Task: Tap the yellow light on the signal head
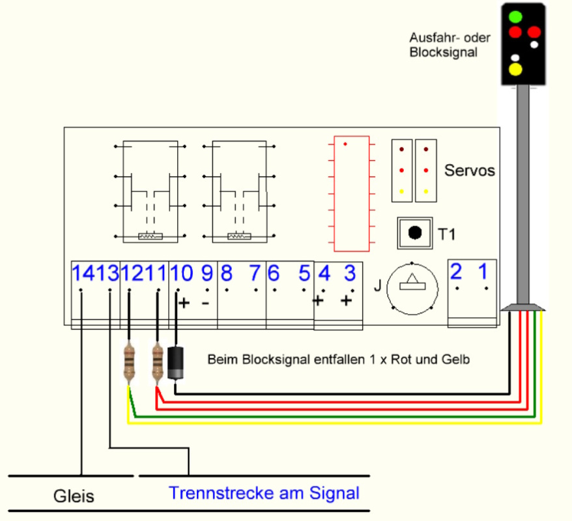[516, 68]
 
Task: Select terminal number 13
[109, 273]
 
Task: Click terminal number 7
[254, 273]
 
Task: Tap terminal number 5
[304, 273]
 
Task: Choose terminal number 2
[457, 272]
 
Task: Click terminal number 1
[483, 272]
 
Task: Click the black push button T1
[415, 232]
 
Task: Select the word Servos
[470, 171]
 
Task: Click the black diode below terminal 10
[176, 362]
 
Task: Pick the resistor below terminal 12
[130, 362]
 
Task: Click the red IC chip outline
[351, 193]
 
